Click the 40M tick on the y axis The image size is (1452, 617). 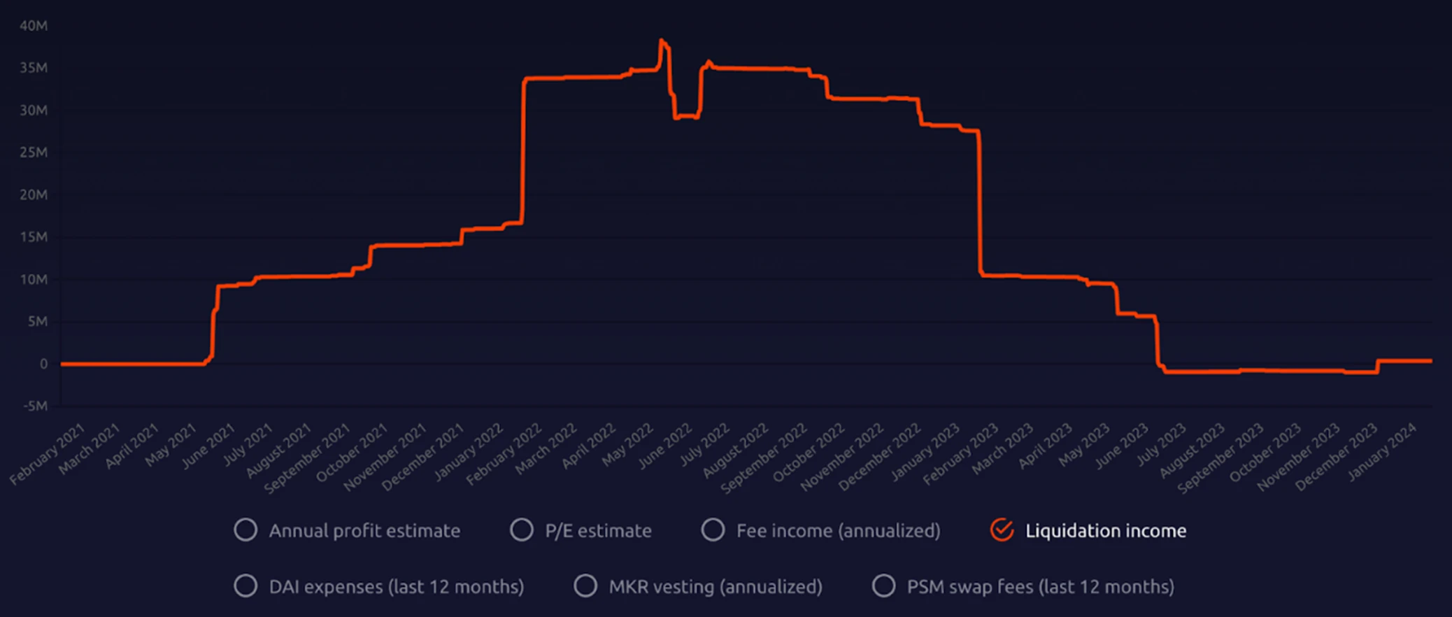pos(34,26)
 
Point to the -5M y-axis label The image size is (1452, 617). pos(35,406)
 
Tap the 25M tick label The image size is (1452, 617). pos(34,153)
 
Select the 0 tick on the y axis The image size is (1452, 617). pos(43,364)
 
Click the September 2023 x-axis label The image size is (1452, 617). pos(1221,458)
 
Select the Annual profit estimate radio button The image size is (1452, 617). pos(245,530)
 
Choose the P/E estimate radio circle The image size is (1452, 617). pos(522,530)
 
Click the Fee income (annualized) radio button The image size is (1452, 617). pos(713,530)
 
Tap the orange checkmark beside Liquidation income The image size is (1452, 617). pos(1002,530)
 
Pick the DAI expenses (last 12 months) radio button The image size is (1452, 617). pos(245,586)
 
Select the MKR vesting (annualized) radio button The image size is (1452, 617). pos(585,586)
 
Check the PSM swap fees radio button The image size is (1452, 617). pos(883,586)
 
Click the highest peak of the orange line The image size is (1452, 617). pos(661,41)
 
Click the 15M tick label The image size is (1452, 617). pos(34,237)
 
